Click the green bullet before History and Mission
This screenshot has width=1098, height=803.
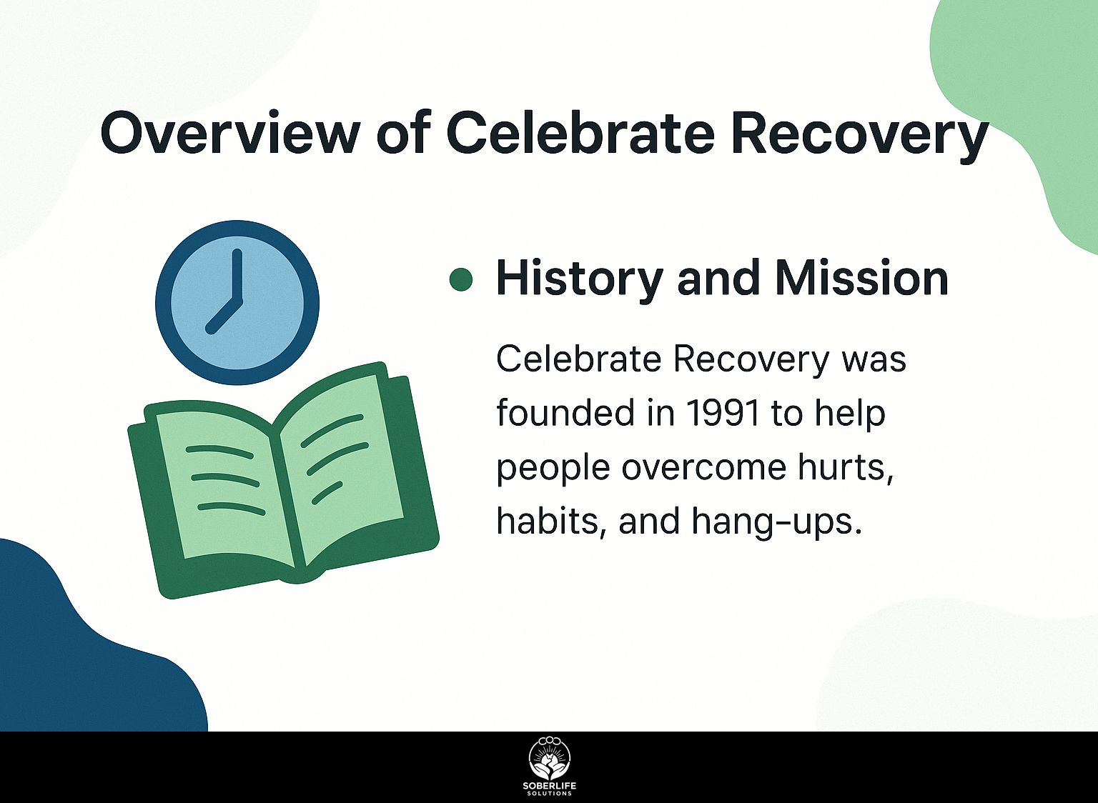tap(461, 279)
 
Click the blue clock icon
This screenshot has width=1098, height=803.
tap(237, 303)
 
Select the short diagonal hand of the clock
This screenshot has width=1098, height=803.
tap(224, 316)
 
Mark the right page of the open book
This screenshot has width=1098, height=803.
tap(343, 470)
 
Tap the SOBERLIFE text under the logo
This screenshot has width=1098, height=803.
tap(550, 787)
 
